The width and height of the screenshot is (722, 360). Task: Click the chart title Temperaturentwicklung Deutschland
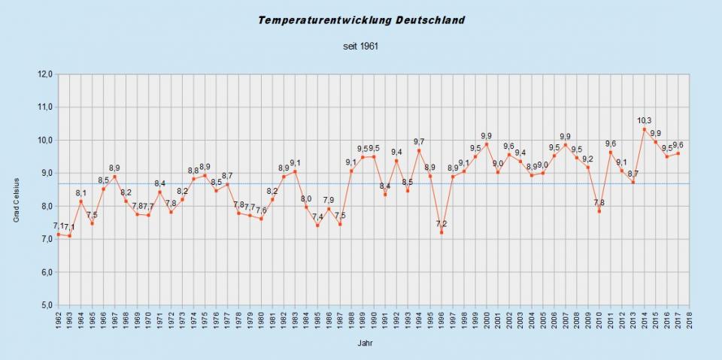click(361, 20)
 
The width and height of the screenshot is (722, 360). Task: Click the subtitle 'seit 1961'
click(360, 46)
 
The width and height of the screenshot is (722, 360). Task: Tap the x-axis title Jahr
click(363, 343)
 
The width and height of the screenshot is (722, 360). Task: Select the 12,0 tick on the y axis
click(44, 74)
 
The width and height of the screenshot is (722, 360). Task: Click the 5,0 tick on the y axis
click(44, 305)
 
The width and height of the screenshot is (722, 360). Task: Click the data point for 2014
click(645, 129)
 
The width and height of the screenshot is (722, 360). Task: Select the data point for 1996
click(441, 232)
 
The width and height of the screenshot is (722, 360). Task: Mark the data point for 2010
click(599, 211)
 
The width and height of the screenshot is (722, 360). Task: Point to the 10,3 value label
click(645, 120)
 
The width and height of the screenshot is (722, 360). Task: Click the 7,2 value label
click(441, 223)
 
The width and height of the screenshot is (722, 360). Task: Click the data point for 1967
click(114, 177)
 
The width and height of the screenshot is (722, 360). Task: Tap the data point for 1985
click(317, 225)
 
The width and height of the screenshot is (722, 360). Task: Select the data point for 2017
click(678, 153)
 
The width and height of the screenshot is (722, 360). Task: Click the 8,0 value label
click(306, 198)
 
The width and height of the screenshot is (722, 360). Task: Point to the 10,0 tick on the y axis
click(44, 141)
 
